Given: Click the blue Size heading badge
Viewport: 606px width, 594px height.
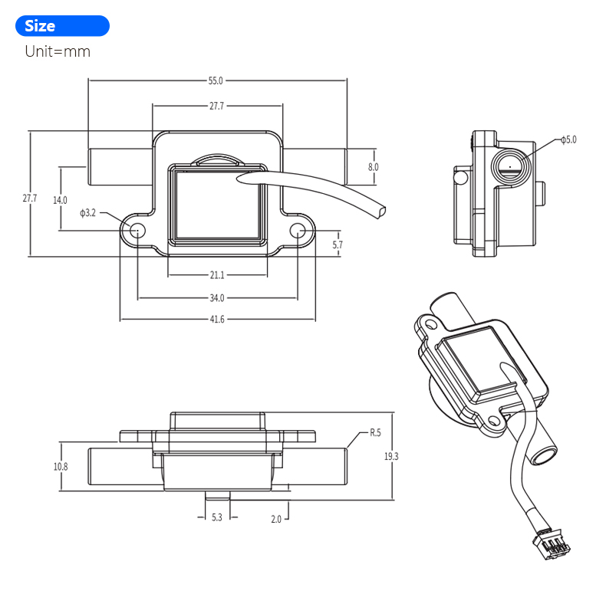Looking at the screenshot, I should click(x=62, y=26).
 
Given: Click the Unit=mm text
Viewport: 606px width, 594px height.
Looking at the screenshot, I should click(x=58, y=52).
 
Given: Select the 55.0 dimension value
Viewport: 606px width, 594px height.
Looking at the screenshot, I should click(x=216, y=80).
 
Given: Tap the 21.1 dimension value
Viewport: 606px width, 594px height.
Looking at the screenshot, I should click(x=217, y=275).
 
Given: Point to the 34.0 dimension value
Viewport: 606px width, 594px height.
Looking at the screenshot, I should click(x=217, y=297).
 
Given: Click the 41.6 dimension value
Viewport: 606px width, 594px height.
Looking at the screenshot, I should click(x=217, y=320).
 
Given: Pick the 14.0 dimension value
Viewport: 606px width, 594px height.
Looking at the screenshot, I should click(x=60, y=199).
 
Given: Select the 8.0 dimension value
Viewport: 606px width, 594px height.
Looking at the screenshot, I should click(x=373, y=166).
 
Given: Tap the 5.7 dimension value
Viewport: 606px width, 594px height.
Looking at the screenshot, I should click(x=338, y=245).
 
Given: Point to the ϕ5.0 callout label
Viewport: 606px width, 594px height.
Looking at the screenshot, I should click(x=568, y=139).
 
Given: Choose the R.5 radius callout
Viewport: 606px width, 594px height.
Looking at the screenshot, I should click(x=375, y=432).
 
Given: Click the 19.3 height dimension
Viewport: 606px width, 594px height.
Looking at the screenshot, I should click(x=390, y=457).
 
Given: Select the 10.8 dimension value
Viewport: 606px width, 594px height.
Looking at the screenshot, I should click(x=60, y=466).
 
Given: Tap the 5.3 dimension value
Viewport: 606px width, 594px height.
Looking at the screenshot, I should click(x=216, y=518).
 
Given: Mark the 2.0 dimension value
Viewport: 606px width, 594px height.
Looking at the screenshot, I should click(x=275, y=518).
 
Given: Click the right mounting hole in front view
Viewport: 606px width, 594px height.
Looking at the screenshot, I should click(x=297, y=231).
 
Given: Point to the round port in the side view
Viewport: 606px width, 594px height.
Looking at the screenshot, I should click(x=509, y=166).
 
